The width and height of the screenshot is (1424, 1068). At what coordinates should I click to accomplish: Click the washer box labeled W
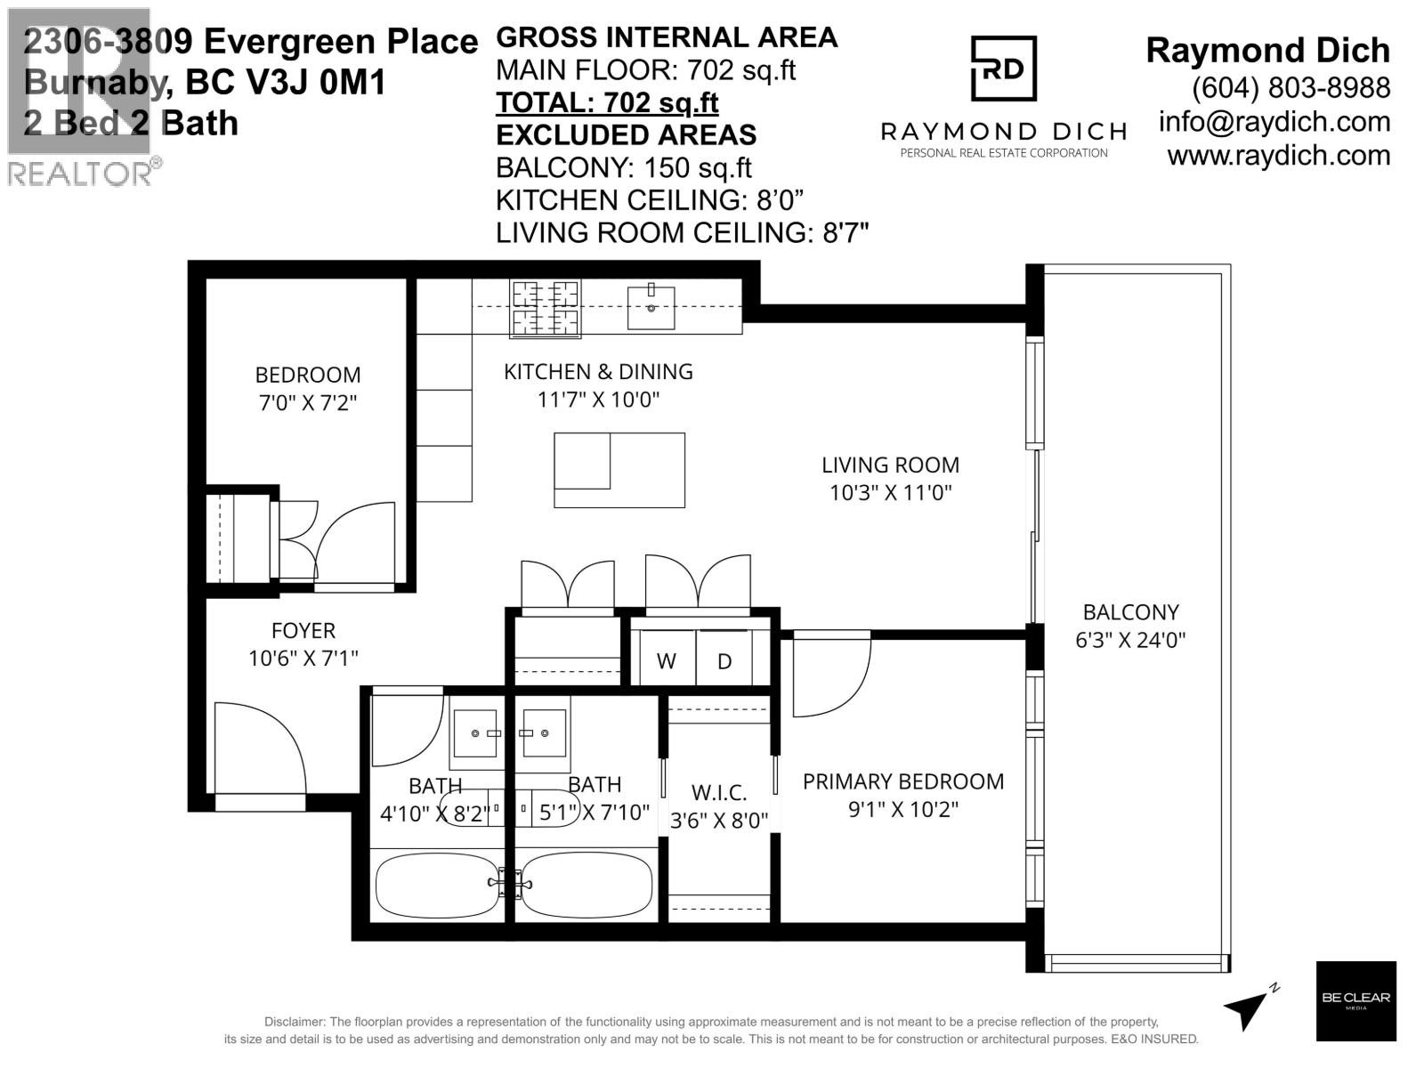click(x=666, y=659)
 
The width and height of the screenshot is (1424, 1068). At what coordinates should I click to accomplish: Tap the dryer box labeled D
click(x=724, y=659)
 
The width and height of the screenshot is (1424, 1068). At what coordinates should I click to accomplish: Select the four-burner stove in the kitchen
click(x=545, y=309)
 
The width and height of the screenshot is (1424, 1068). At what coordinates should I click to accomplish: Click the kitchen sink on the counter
click(x=651, y=306)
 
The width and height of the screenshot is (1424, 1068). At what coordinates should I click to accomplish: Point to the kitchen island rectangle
click(x=619, y=470)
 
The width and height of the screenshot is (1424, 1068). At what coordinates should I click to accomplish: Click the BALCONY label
click(x=1130, y=612)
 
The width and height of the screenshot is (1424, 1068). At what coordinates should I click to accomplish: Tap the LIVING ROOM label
click(x=890, y=465)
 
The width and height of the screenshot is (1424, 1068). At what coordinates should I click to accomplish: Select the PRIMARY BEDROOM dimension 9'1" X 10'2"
click(x=903, y=810)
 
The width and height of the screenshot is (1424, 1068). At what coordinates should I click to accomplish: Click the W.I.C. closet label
click(x=719, y=792)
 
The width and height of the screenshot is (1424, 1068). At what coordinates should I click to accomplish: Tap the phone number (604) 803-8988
click(x=1290, y=87)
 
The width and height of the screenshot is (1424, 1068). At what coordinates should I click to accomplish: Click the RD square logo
click(x=1003, y=69)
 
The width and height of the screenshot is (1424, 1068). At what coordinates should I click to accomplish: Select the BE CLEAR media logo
click(x=1355, y=1000)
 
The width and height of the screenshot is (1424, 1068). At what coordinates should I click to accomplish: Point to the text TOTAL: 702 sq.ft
click(x=607, y=103)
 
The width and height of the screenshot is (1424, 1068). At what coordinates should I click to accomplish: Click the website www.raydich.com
click(x=1278, y=155)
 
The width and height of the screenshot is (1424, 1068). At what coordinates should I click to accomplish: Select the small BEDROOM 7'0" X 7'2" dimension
click(x=308, y=403)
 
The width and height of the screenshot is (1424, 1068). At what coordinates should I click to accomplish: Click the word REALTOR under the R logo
click(x=80, y=174)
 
